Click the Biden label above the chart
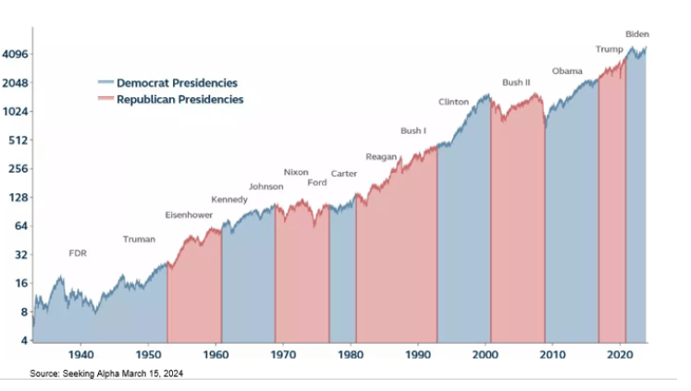coord(637,34)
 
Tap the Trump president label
coord(608,49)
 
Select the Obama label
coord(567,71)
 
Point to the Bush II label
coord(516,82)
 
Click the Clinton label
coord(453,102)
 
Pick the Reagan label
coord(381,156)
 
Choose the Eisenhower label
coord(189,215)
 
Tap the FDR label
coord(78,252)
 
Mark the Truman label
coord(140,239)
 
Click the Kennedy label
coord(229,200)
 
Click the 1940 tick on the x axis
coord(81,355)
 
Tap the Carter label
coord(344,174)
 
